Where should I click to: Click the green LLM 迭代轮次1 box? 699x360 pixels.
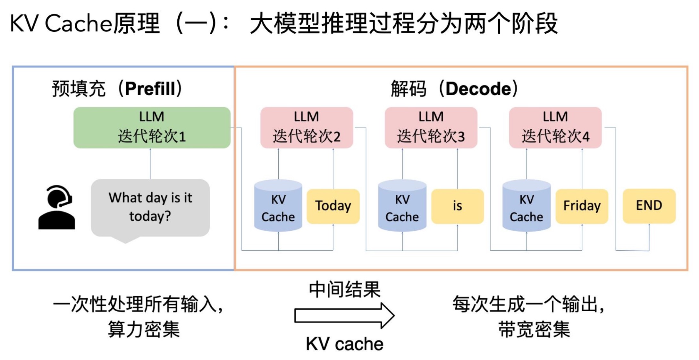click(152, 127)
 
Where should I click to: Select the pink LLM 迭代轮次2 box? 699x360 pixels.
click(307, 127)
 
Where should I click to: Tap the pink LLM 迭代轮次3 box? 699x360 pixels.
click(431, 127)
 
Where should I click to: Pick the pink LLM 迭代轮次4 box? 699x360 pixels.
click(555, 127)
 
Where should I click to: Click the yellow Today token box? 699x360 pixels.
click(333, 206)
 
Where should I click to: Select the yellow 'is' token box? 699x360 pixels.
click(457, 206)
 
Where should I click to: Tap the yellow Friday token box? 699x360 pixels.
click(582, 206)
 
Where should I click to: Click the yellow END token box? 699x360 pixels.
click(649, 206)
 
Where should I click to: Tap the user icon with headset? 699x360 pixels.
click(57, 207)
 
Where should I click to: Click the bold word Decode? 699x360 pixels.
click(478, 89)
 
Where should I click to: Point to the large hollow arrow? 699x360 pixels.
click(344, 316)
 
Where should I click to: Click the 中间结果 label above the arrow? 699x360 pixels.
click(345, 289)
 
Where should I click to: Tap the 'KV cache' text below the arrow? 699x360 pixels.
click(345, 344)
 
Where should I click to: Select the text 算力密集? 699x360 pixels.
click(144, 329)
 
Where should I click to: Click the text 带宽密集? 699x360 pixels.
click(534, 329)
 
